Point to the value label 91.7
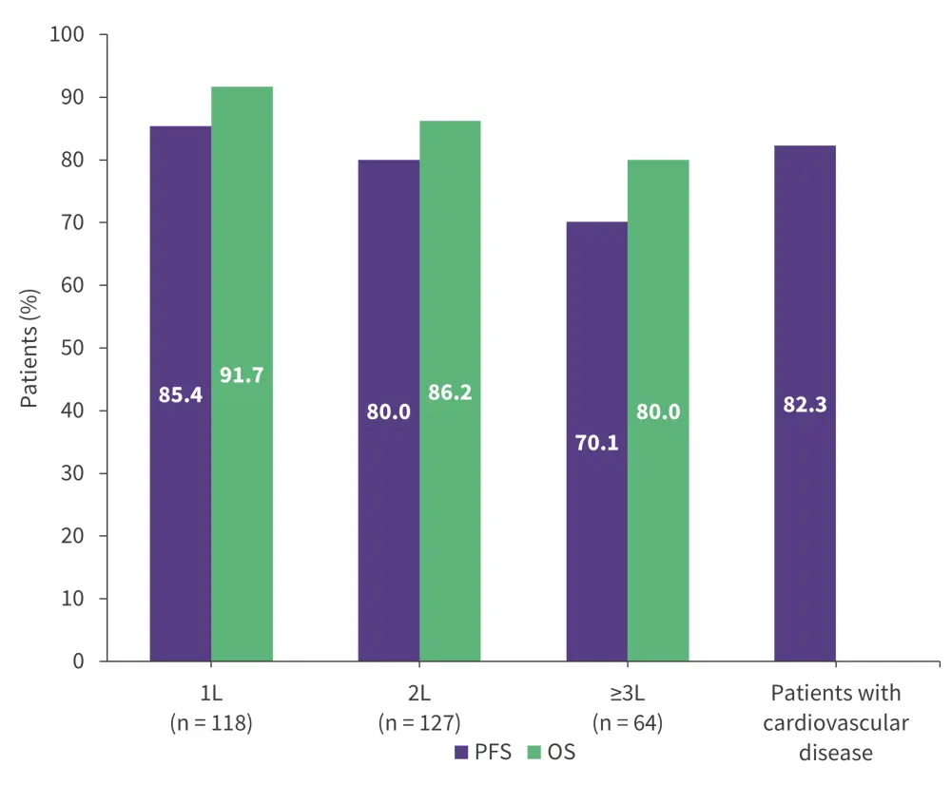pyautogui.click(x=242, y=374)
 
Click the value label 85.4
pyautogui.click(x=181, y=394)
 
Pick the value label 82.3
pyautogui.click(x=805, y=404)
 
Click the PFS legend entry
pyautogui.click(x=483, y=753)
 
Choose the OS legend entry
pyautogui.click(x=551, y=753)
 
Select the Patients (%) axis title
pyautogui.click(x=29, y=348)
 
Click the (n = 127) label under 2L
pyautogui.click(x=419, y=722)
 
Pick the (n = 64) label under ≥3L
pyautogui.click(x=628, y=722)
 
